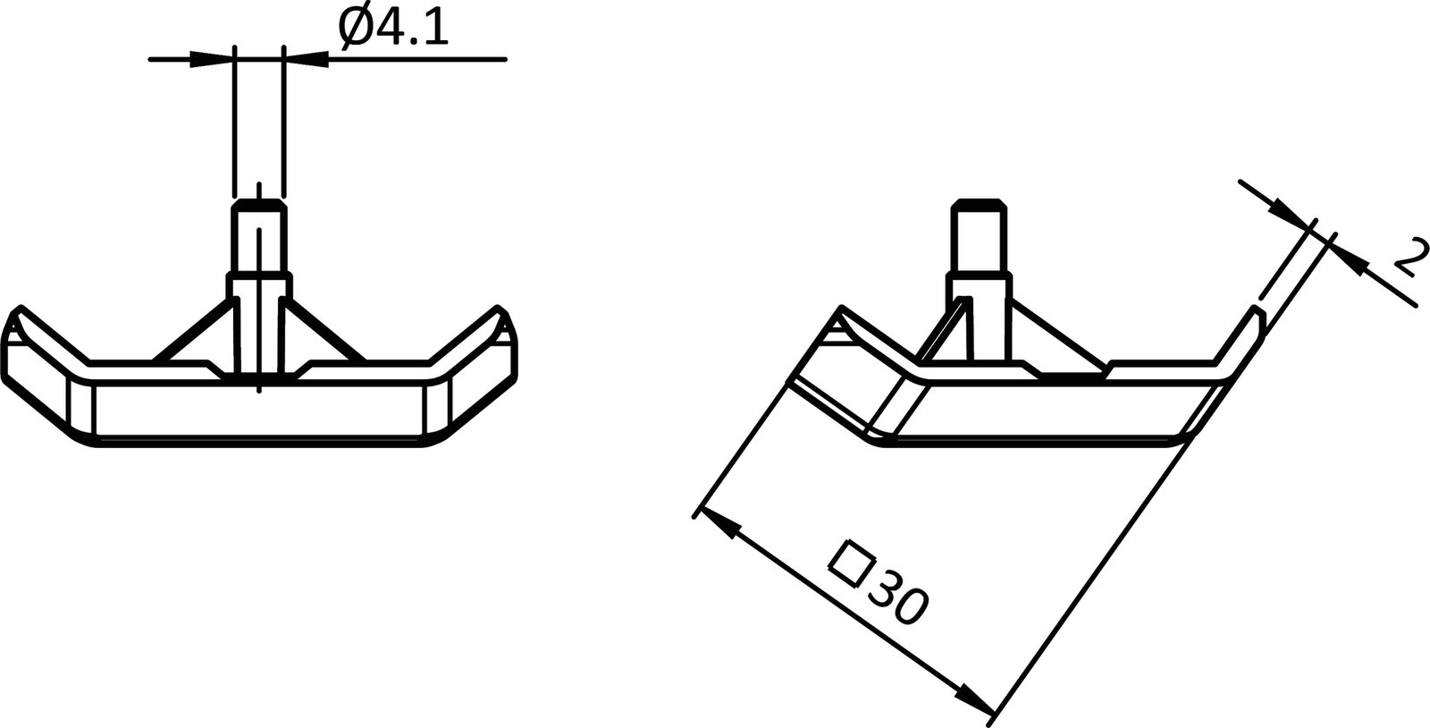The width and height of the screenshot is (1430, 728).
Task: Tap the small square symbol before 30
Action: (851, 561)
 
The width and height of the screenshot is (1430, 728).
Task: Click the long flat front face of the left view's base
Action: (259, 411)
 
